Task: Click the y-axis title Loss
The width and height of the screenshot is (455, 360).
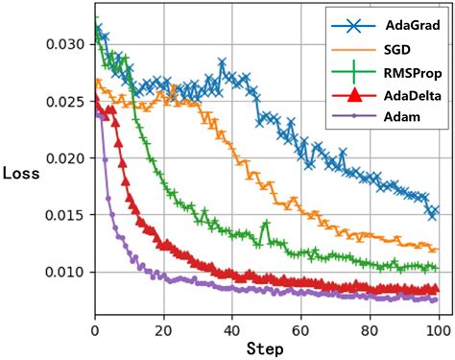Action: pyautogui.click(x=20, y=174)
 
